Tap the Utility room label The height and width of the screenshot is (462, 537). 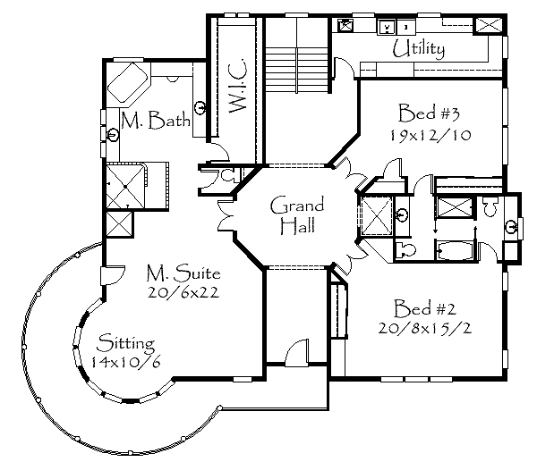pyautogui.click(x=418, y=49)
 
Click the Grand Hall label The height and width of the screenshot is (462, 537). pyautogui.click(x=297, y=214)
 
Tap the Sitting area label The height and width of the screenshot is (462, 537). pyautogui.click(x=126, y=342)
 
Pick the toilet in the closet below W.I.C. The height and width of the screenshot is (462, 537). pyautogui.click(x=226, y=176)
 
